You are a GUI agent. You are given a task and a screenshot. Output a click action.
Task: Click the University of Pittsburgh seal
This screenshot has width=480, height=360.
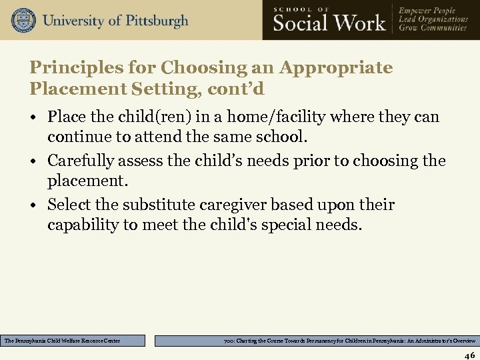tap(23, 21)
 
